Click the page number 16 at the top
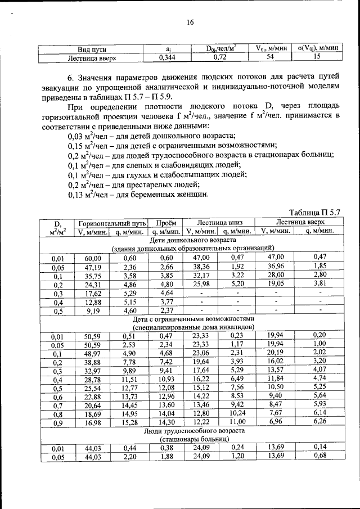[190, 22]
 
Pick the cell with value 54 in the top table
[270, 57]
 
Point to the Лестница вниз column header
[218, 223]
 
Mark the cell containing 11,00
[237, 422]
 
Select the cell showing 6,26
[319, 422]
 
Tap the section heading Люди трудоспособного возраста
[192, 431]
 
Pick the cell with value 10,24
[237, 413]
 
